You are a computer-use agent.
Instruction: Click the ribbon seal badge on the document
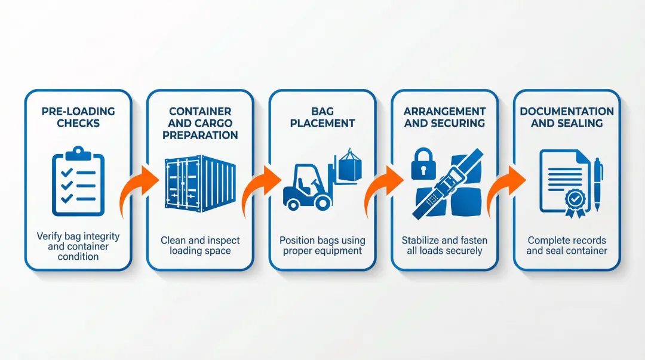(576, 199)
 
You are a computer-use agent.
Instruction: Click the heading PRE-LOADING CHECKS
(78, 118)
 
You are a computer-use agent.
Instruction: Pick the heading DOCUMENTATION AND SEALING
(567, 118)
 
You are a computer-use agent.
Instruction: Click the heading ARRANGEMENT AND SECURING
(444, 118)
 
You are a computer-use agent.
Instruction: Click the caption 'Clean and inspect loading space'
(200, 245)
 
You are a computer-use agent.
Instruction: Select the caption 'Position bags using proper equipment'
(322, 245)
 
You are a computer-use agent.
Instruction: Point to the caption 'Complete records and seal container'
(567, 245)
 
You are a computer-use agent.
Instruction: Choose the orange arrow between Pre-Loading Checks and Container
(139, 185)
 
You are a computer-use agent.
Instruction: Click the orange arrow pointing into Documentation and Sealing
(505, 185)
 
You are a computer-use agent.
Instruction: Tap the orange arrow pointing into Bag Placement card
(260, 185)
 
